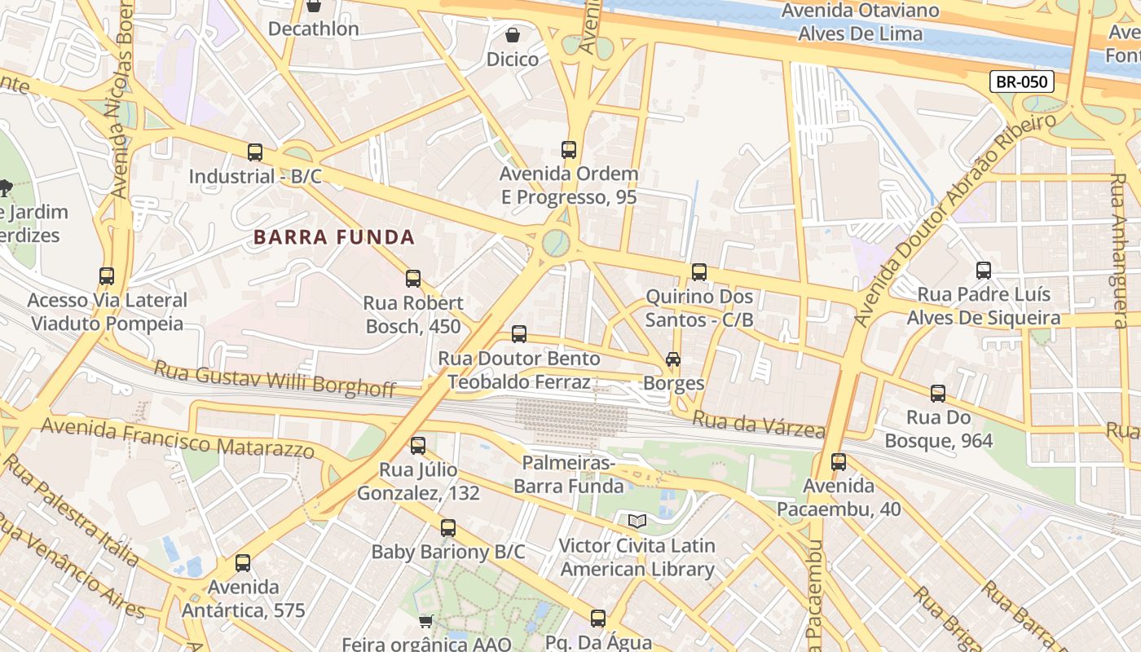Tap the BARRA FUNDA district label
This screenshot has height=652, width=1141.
coord(334,237)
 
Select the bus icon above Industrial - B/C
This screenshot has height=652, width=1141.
coord(255,152)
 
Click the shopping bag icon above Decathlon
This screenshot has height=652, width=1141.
coord(314,7)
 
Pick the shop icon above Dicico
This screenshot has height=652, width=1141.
coord(513,35)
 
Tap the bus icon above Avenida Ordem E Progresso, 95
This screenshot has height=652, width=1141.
coord(569,150)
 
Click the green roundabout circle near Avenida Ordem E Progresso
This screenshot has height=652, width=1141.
coord(556,242)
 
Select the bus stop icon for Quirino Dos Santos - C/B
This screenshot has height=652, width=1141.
coord(699,272)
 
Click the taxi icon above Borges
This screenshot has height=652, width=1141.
coord(673,359)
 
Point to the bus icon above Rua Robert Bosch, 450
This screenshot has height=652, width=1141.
coord(413,279)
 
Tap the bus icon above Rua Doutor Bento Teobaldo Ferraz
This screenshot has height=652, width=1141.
coord(519,334)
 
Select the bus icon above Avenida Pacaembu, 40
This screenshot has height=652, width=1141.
coord(839,462)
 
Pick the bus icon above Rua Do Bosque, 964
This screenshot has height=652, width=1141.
coord(938,394)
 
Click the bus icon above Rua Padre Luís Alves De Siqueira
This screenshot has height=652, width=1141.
coord(984,271)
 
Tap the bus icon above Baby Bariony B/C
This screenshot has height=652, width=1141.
coord(448,528)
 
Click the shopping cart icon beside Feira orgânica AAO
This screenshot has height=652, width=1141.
coord(425,622)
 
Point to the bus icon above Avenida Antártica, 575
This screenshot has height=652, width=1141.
coord(243,563)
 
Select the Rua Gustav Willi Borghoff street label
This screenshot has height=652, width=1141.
coord(275,379)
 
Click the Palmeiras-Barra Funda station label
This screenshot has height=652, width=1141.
coord(568,475)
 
